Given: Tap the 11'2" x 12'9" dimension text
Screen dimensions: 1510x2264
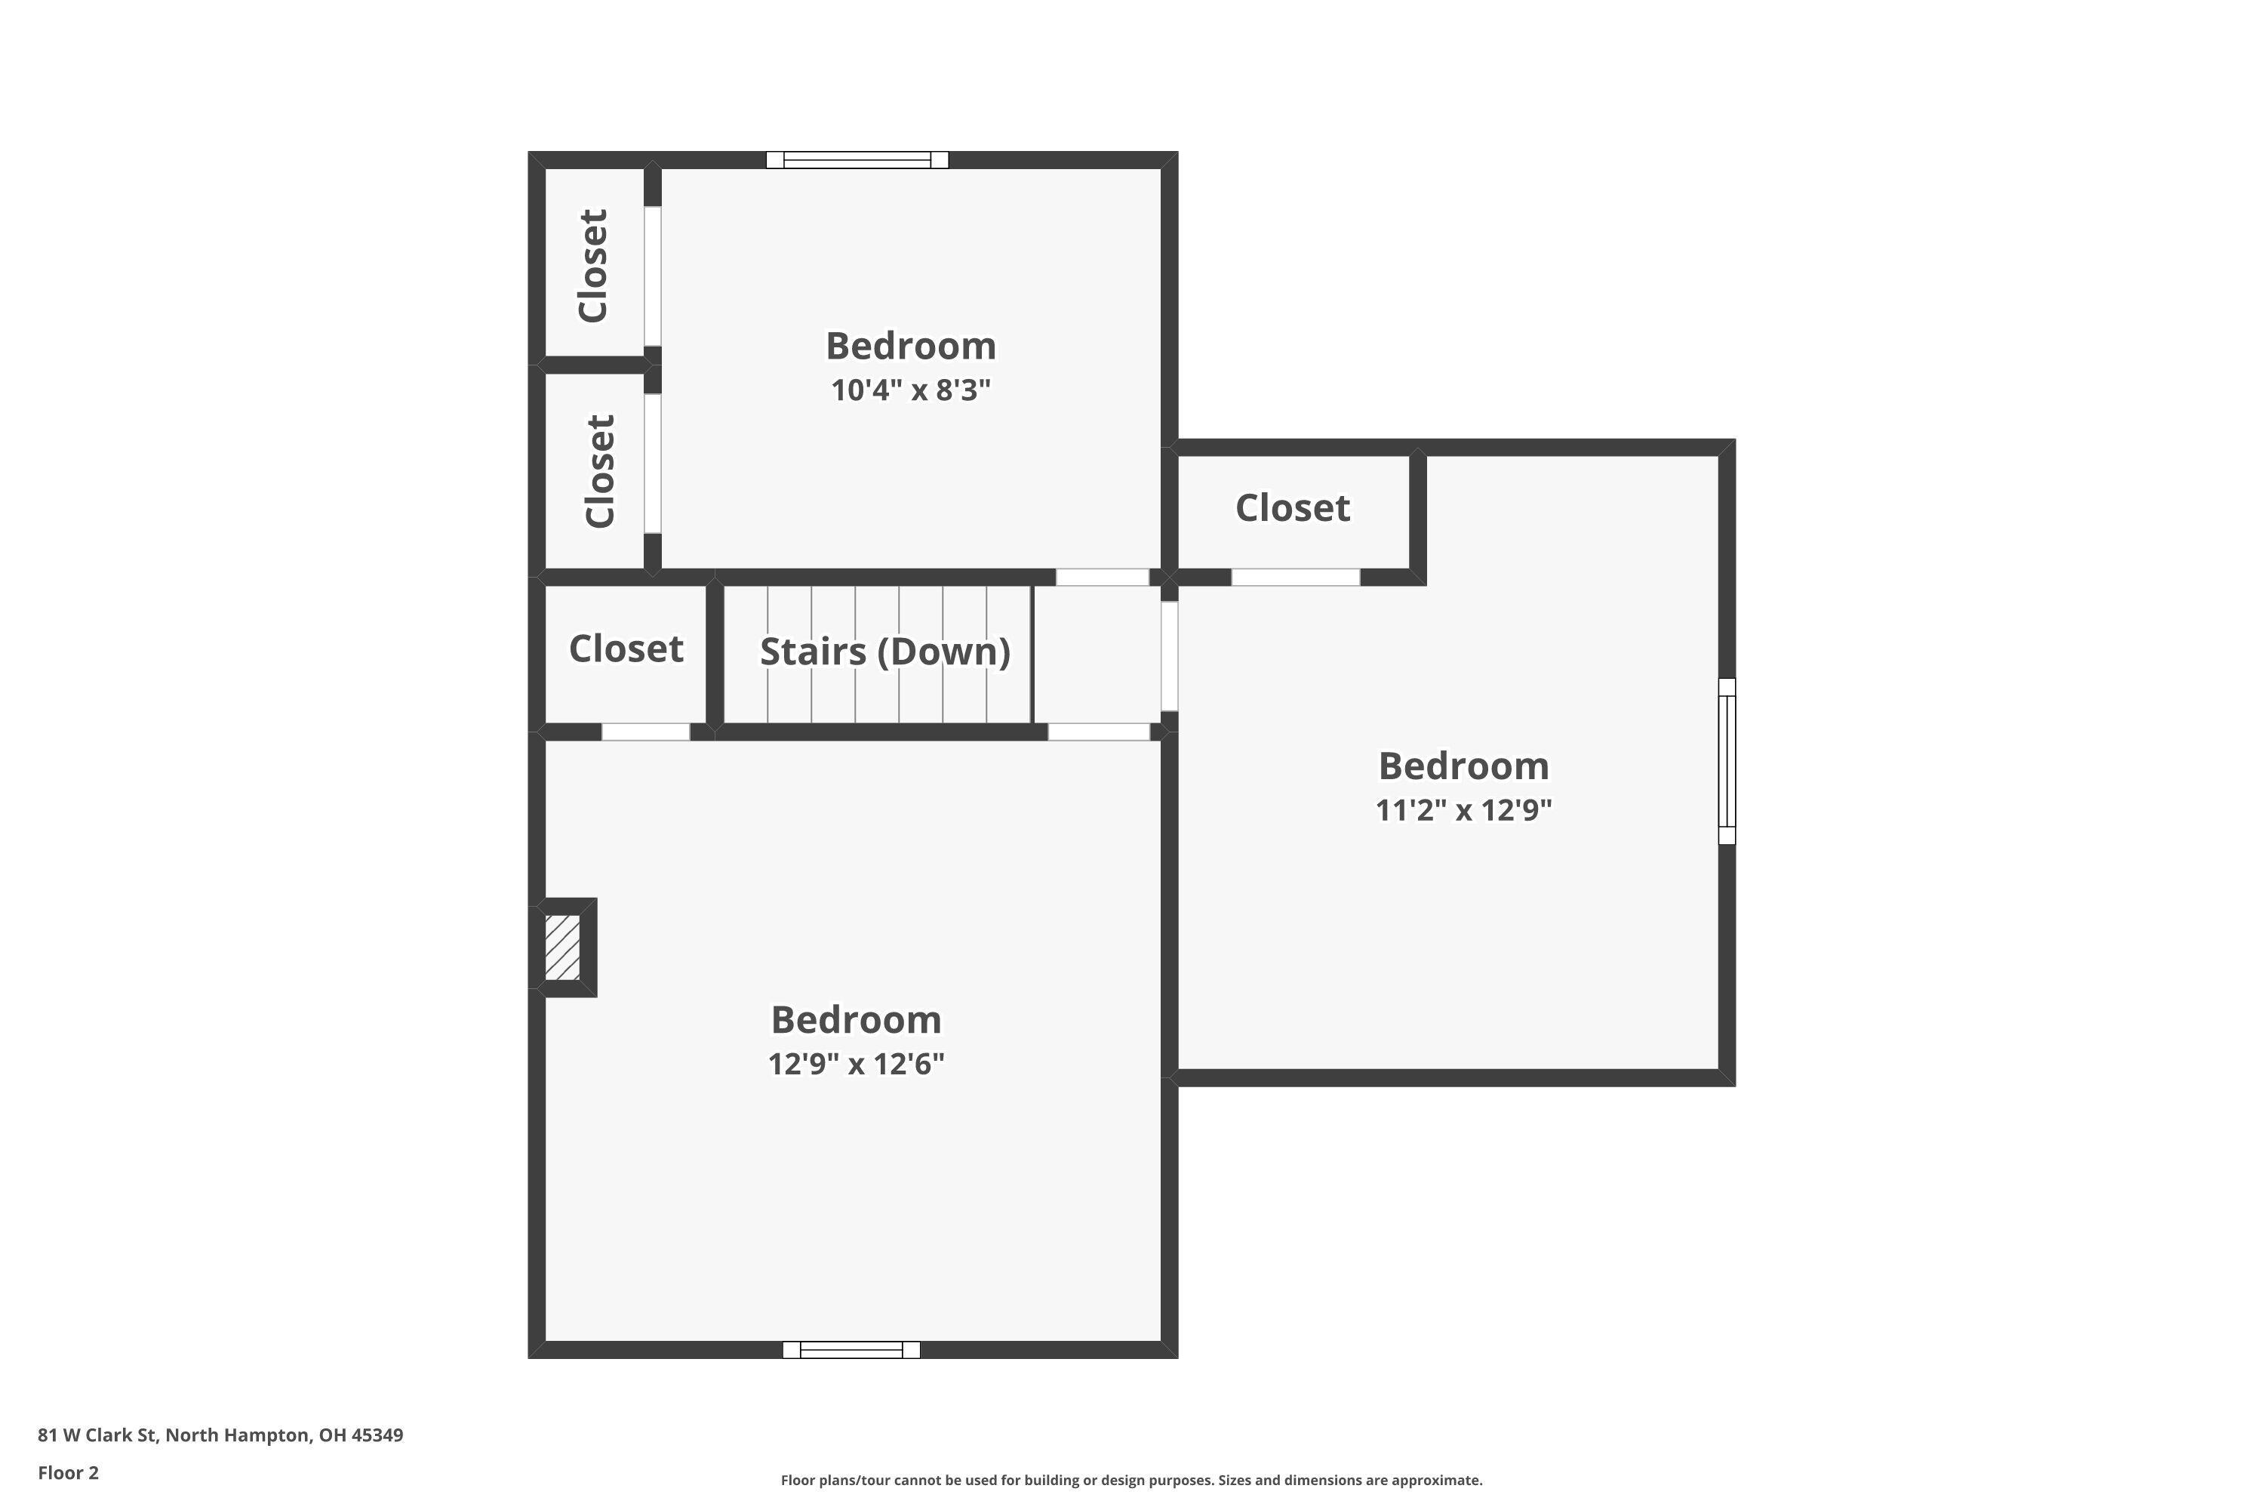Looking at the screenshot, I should point(1463,810).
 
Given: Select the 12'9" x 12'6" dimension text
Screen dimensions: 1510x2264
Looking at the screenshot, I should point(856,1064).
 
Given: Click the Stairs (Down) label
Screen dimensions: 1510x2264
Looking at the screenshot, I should point(884,652).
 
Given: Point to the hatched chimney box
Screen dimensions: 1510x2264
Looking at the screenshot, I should point(562,948).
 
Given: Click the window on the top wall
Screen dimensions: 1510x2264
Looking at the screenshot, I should point(857,160).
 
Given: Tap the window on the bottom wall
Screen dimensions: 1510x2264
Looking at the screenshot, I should point(851,1350).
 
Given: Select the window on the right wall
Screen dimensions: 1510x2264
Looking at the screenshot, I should point(1727,761).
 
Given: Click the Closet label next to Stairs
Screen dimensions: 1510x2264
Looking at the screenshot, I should point(626,649).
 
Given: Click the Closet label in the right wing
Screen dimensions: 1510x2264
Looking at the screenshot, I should point(1292,508).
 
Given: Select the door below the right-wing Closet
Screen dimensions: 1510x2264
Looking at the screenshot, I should point(1296,578).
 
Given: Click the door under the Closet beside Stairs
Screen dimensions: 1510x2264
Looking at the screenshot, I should point(646,732).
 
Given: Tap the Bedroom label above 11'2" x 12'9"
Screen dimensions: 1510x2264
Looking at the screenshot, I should point(1463,766).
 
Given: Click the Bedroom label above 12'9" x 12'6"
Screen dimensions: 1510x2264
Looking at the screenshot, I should point(856,1020).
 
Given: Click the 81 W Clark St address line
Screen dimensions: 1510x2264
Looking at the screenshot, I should point(220,1435).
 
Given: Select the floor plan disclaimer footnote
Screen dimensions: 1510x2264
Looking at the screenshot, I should point(1131,1480).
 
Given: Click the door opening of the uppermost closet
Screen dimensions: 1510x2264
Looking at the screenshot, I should point(653,276).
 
